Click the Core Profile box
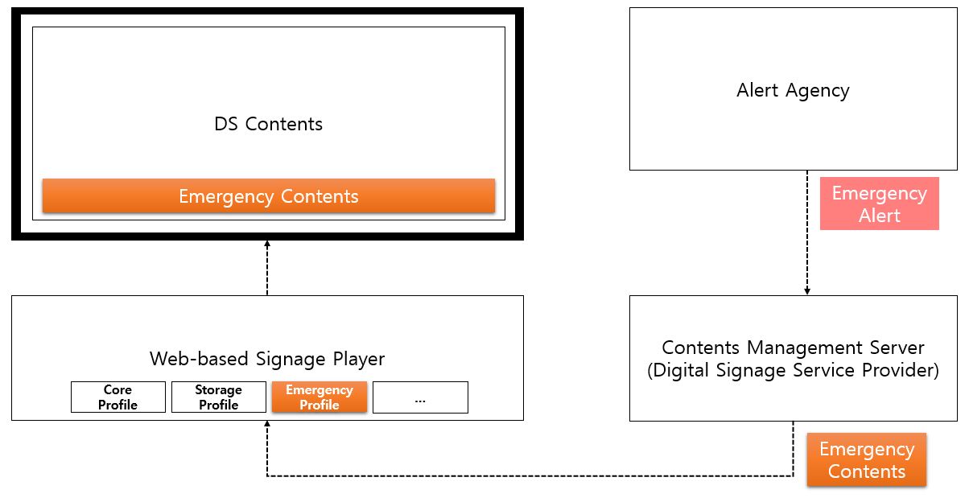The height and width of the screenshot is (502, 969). click(x=118, y=397)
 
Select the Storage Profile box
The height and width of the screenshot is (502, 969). click(x=218, y=397)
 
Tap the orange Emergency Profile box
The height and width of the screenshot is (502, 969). click(x=320, y=397)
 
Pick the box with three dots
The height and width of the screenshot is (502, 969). click(x=420, y=397)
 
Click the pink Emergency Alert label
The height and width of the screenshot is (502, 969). click(x=879, y=204)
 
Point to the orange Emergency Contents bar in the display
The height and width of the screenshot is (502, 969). click(x=268, y=196)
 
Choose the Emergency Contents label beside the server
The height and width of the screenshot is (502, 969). click(x=867, y=460)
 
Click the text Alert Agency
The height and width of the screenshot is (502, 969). click(x=793, y=90)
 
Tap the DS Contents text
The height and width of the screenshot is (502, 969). click(x=268, y=124)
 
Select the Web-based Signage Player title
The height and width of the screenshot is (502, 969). click(x=267, y=359)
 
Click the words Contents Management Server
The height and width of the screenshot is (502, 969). click(x=793, y=348)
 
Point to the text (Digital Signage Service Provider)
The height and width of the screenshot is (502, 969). click(x=793, y=372)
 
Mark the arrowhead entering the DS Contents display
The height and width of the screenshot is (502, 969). click(x=267, y=244)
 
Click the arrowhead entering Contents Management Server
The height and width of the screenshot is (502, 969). click(x=807, y=291)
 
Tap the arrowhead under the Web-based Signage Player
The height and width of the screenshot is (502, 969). click(x=267, y=425)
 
